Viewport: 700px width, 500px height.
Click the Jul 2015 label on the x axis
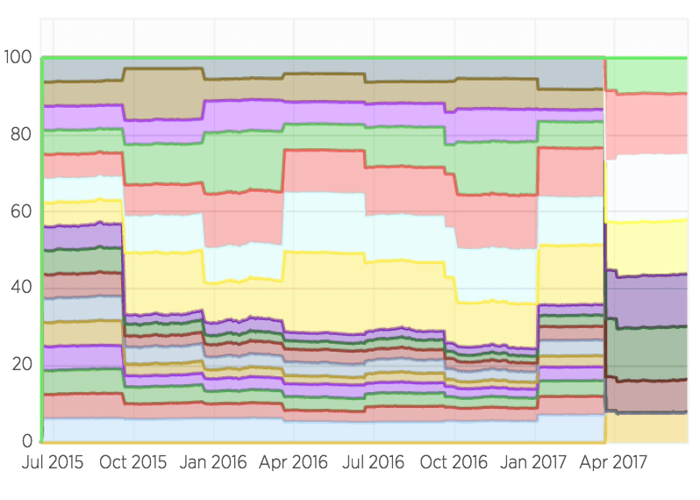(54, 462)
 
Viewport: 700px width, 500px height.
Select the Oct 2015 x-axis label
(133, 462)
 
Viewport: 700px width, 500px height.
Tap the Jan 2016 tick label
(213, 462)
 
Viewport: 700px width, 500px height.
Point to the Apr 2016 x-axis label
(293, 462)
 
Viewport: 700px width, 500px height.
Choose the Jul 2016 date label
(373, 462)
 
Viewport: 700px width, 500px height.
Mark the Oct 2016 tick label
(454, 462)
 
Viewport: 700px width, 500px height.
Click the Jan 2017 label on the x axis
(535, 462)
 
